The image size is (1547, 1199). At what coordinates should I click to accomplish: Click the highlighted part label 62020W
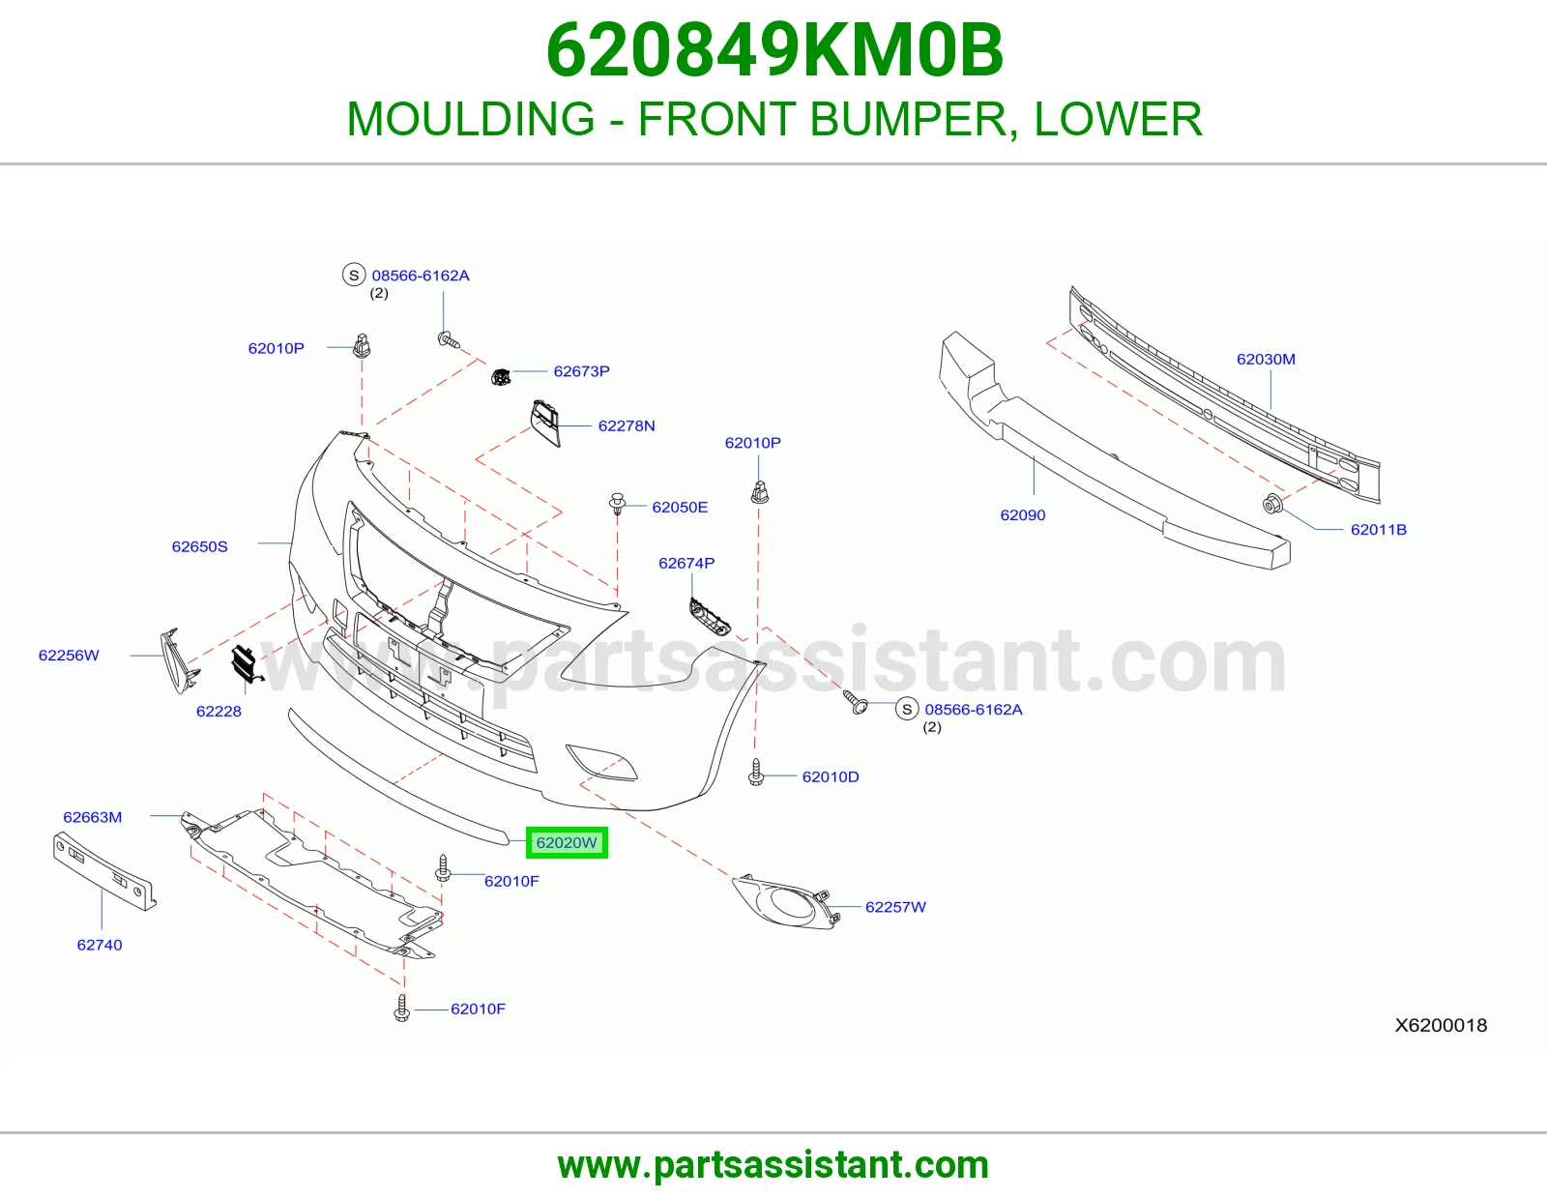click(567, 842)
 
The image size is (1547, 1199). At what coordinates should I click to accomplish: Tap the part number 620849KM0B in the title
click(774, 50)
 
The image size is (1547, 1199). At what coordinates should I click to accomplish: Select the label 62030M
click(1266, 359)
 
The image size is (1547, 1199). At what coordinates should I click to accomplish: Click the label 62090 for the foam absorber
click(1022, 514)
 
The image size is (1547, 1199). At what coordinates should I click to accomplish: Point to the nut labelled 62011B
click(1272, 504)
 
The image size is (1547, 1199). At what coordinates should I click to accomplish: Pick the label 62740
click(100, 945)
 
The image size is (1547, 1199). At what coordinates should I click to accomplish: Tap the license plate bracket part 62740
click(104, 871)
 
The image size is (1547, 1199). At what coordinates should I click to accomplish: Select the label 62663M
click(93, 817)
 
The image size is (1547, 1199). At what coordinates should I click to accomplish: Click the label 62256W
click(69, 655)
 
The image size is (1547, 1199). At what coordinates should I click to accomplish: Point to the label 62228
click(219, 711)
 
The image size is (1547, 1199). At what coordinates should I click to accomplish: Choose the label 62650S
click(199, 546)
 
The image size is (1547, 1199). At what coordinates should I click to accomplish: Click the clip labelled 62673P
click(501, 376)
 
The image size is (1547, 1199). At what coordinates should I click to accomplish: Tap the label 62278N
click(627, 425)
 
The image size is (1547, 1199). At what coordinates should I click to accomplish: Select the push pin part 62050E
click(617, 504)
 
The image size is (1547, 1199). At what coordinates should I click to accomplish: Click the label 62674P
click(686, 563)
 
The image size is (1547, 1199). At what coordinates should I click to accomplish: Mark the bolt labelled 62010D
click(756, 772)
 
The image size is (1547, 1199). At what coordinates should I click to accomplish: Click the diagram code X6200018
click(1441, 1025)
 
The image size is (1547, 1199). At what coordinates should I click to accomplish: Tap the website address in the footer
click(773, 1165)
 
